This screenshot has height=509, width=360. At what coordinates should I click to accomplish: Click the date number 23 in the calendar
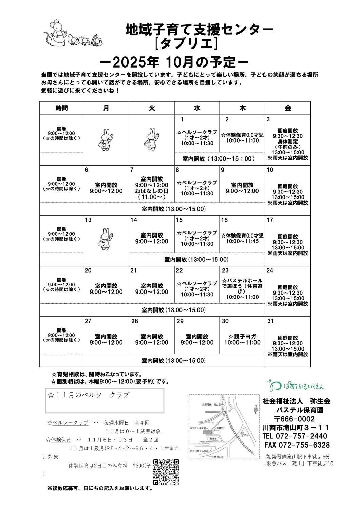225,270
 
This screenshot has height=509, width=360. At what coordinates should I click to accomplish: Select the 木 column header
242,108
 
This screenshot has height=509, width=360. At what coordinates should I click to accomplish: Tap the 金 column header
288,108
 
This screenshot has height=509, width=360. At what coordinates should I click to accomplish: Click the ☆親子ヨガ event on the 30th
242,337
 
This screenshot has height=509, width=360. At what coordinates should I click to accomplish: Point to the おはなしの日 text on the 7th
152,191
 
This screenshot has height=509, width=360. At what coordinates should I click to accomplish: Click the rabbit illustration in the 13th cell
106,239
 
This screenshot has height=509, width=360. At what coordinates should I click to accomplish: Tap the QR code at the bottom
166,472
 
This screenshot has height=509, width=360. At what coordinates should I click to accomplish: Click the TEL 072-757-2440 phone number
295,436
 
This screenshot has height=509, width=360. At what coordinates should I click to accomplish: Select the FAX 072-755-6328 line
297,445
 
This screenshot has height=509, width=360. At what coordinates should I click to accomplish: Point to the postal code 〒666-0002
294,419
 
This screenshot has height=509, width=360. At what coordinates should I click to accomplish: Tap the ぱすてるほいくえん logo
295,386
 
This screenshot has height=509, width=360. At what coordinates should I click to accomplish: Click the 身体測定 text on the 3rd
288,142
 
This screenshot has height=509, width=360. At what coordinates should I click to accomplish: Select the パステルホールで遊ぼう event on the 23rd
242,286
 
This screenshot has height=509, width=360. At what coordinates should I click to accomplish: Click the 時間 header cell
61,108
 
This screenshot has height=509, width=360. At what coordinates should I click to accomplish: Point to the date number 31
270,321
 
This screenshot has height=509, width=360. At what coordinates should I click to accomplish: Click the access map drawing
224,427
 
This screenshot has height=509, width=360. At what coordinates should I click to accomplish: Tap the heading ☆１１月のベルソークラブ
89,395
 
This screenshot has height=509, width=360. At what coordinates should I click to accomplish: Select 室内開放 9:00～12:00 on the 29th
197,339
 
